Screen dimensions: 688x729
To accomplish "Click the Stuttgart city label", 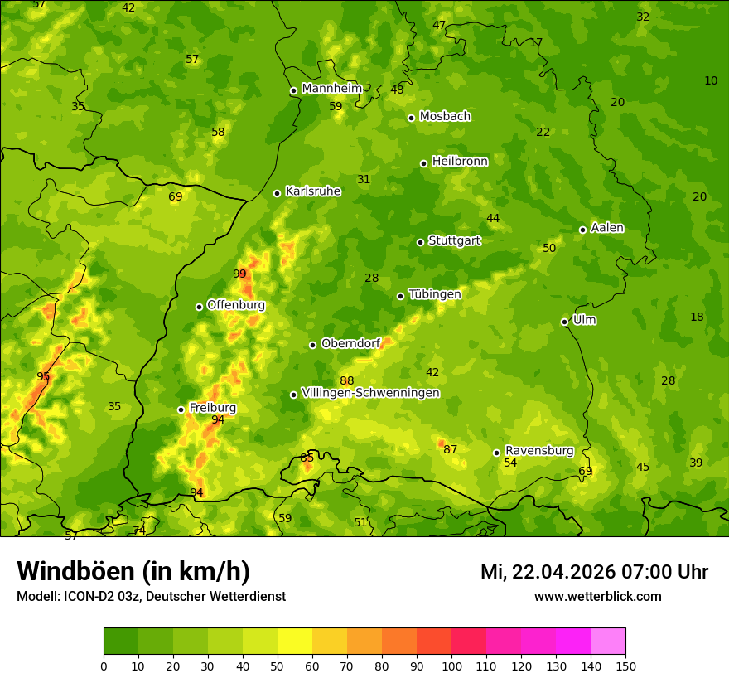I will point(454,240).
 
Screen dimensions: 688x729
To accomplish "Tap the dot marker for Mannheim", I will point(293,91).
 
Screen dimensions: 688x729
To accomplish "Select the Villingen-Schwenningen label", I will point(370,393).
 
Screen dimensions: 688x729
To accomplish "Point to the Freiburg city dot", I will point(181,409).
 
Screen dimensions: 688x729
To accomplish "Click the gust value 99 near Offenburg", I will point(239,274).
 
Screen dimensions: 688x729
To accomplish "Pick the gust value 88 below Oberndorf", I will point(346,380).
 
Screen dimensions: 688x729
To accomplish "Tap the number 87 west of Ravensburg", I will point(450,449).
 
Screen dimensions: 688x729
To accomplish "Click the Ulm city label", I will point(584,320).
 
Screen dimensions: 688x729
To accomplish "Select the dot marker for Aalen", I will point(582,230).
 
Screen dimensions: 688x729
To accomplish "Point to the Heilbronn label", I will point(460,161).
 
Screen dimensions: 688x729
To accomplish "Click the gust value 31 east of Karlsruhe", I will point(364,179).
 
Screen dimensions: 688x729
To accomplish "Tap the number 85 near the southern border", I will point(307,458).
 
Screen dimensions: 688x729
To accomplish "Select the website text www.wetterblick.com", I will point(597,596).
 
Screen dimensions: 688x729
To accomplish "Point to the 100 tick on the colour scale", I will point(451,666).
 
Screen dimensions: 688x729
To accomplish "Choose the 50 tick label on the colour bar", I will point(278,666).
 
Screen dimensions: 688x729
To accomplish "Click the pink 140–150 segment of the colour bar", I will point(608,642).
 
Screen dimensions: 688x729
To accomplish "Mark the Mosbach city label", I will point(445,116).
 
